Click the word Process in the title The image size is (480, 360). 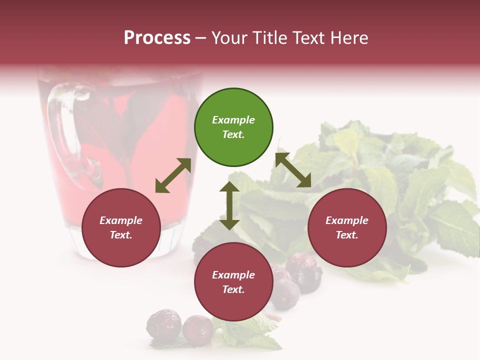pyautogui.click(x=157, y=38)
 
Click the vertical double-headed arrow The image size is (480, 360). pyautogui.click(x=229, y=205)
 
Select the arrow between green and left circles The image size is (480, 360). pyautogui.click(x=173, y=175)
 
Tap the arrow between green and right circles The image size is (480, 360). pyautogui.click(x=293, y=170)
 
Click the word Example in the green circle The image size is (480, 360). pyautogui.click(x=233, y=120)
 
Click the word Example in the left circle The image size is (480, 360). pyautogui.click(x=121, y=220)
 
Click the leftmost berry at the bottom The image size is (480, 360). pyautogui.click(x=163, y=323)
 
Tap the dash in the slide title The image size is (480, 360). pyautogui.click(x=200, y=38)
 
